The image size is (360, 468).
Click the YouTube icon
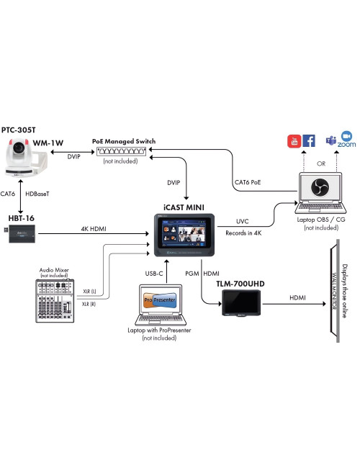pos(294,141)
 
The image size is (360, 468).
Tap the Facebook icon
pos(308,141)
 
